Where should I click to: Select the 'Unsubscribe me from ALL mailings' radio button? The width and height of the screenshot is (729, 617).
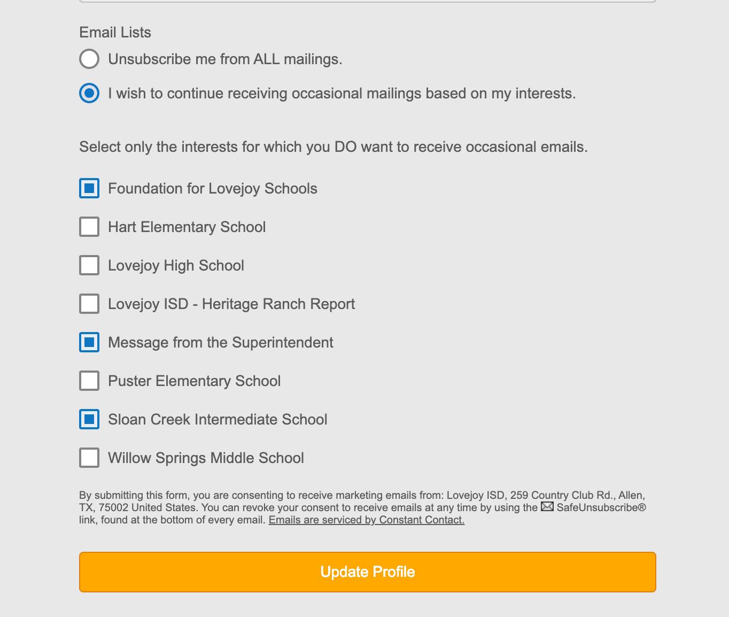click(x=89, y=59)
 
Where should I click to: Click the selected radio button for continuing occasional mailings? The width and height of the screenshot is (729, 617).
click(x=89, y=93)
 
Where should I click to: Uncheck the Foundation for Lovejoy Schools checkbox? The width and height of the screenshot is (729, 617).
click(x=89, y=188)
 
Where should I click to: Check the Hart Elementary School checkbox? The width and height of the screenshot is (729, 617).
click(x=89, y=227)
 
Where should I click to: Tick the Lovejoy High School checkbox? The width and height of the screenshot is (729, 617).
click(x=89, y=265)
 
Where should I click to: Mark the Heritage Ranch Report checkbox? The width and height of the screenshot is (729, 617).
click(x=89, y=304)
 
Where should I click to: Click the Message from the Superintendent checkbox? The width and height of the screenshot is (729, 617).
click(x=89, y=342)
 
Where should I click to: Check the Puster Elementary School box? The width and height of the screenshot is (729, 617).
click(x=89, y=381)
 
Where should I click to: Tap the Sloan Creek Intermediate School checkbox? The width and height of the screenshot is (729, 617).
click(x=89, y=419)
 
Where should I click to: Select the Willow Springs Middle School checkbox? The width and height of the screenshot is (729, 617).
click(x=89, y=458)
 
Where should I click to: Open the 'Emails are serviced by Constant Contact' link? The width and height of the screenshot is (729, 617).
click(x=366, y=520)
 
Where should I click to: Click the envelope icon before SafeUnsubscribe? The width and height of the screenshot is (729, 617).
click(x=547, y=506)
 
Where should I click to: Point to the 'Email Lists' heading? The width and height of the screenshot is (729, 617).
click(x=115, y=33)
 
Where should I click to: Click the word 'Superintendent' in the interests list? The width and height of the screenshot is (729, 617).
click(x=282, y=343)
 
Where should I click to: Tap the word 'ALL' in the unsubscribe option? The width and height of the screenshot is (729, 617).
click(x=266, y=59)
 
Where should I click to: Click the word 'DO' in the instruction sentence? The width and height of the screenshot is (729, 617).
click(x=345, y=147)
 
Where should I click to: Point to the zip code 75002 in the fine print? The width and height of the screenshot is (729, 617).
click(x=113, y=507)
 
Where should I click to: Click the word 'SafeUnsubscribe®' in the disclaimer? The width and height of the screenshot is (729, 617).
click(x=601, y=507)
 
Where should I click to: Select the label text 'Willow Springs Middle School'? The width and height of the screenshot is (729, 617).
click(x=206, y=458)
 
